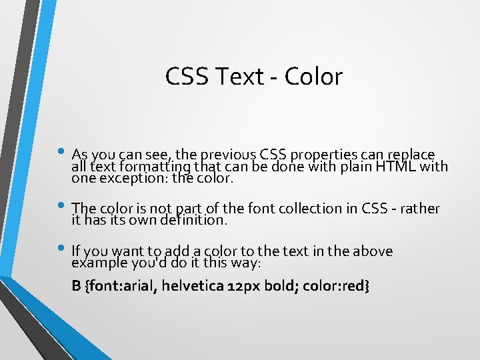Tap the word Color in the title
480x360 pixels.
[313, 77]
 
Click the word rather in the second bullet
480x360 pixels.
[421, 209]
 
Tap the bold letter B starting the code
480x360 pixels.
[76, 286]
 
